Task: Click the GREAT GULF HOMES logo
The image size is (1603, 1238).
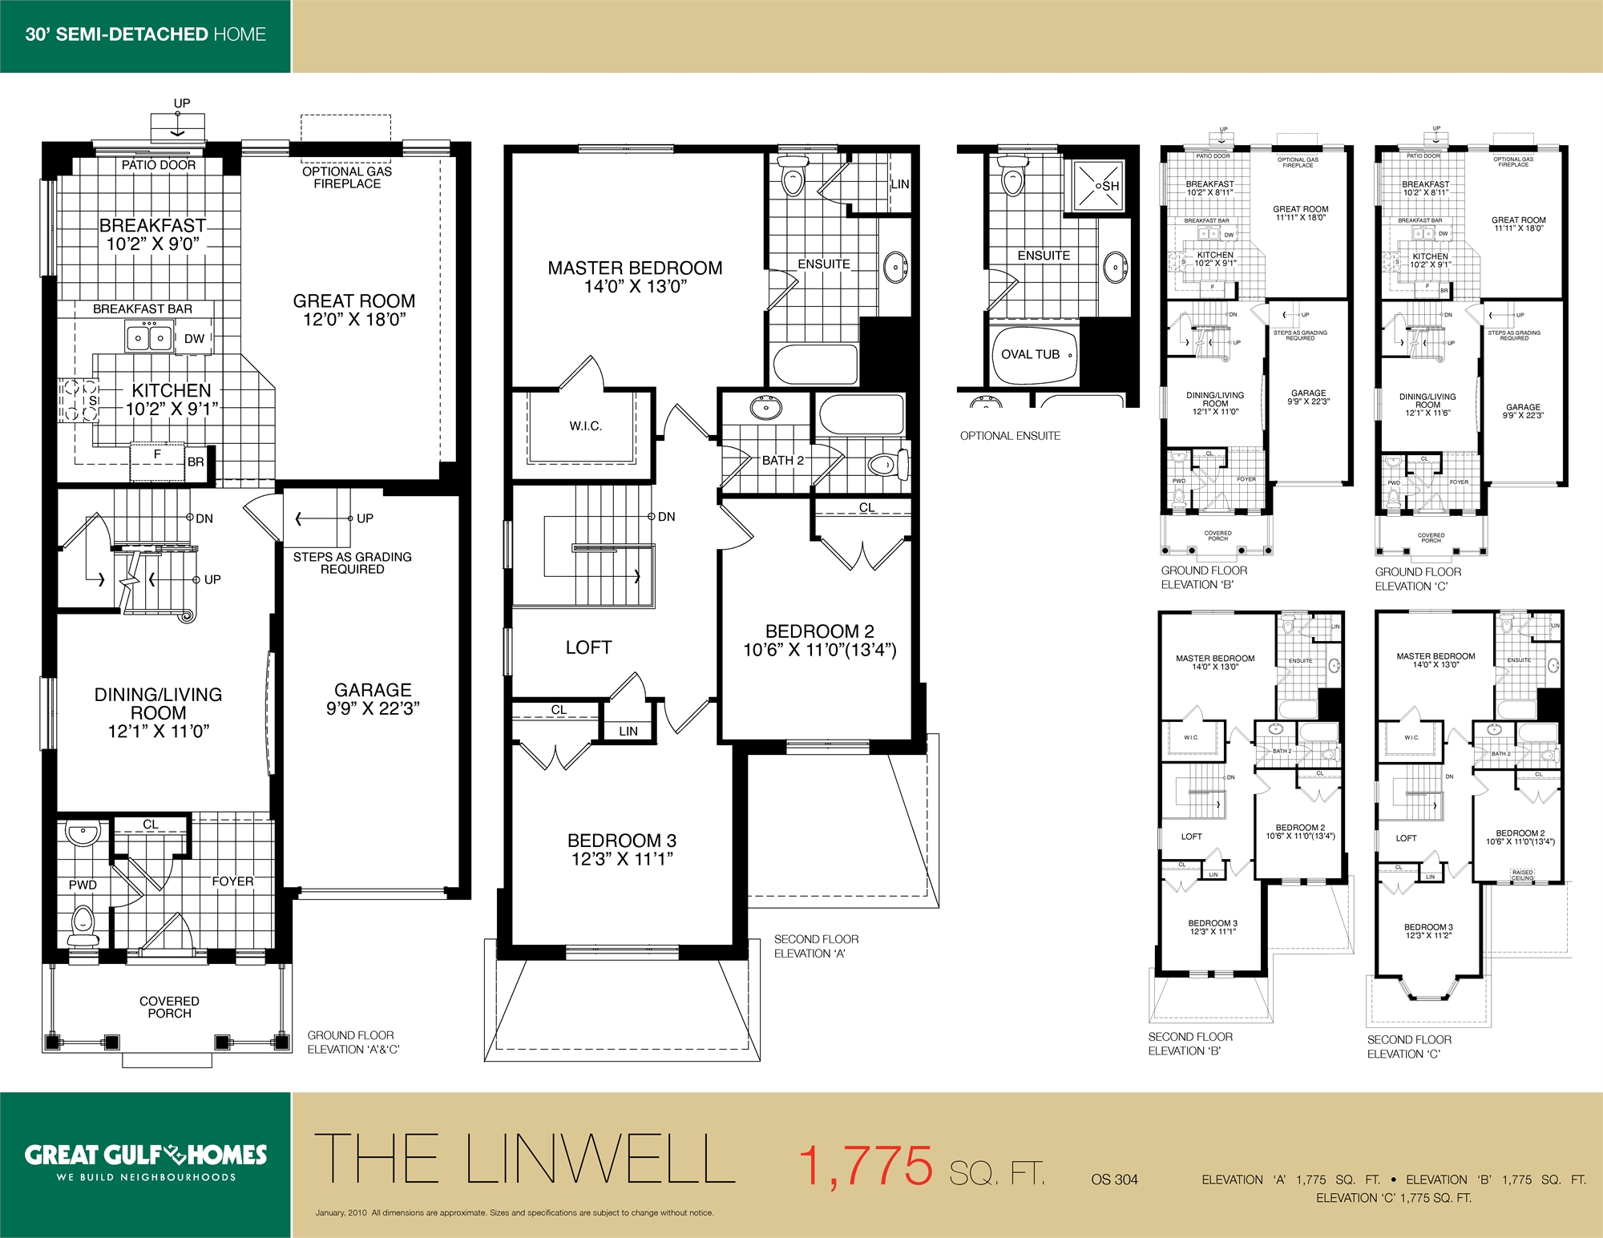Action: pyautogui.click(x=145, y=1155)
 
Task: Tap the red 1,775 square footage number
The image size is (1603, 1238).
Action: pyautogui.click(x=866, y=1165)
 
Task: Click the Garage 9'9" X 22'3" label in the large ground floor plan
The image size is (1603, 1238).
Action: pyautogui.click(x=373, y=699)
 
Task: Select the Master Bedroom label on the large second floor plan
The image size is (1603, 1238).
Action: pyautogui.click(x=635, y=276)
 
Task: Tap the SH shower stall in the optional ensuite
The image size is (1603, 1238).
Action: pyautogui.click(x=1097, y=186)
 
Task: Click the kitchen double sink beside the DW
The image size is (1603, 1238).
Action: pyautogui.click(x=149, y=337)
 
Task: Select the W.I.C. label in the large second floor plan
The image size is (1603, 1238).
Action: pyautogui.click(x=585, y=426)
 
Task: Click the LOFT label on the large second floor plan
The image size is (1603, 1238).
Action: pyautogui.click(x=588, y=647)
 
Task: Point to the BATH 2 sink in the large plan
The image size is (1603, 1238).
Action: pyautogui.click(x=766, y=408)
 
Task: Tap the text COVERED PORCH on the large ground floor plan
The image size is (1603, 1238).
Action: pyautogui.click(x=169, y=1007)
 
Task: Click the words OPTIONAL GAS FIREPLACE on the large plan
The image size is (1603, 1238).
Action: pyautogui.click(x=347, y=177)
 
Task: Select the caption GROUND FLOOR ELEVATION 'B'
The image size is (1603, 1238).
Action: pyautogui.click(x=1204, y=577)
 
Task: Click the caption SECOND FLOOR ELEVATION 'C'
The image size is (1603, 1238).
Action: pyautogui.click(x=1408, y=1046)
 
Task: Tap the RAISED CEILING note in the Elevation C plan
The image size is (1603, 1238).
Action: pyautogui.click(x=1522, y=875)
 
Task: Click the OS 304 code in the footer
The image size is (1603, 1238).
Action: pyautogui.click(x=1114, y=1180)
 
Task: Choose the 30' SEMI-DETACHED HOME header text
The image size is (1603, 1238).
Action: pyautogui.click(x=145, y=34)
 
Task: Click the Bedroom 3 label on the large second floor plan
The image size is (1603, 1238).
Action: pyautogui.click(x=622, y=849)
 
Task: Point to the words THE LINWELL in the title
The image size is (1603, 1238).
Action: pyautogui.click(x=525, y=1159)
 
